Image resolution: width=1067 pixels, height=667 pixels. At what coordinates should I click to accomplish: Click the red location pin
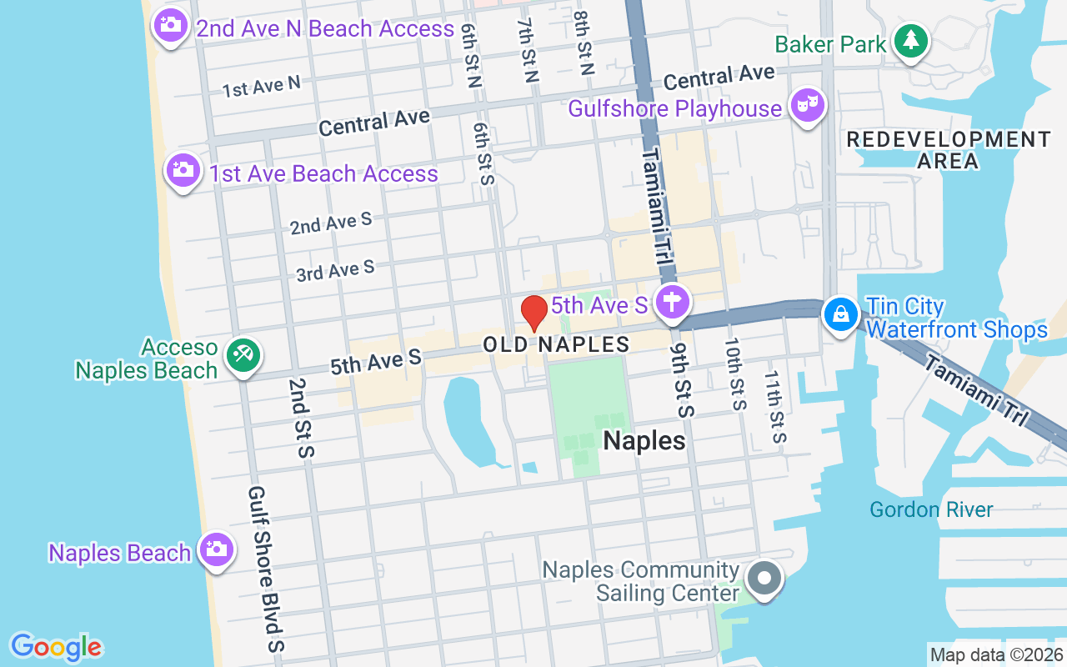[534, 313]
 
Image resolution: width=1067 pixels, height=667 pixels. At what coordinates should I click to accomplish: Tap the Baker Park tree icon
[911, 40]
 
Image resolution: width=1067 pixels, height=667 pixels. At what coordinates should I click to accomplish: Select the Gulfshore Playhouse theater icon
[808, 106]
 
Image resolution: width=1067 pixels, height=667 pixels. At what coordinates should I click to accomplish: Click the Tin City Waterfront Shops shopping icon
[841, 314]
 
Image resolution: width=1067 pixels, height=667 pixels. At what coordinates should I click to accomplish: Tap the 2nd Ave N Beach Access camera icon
[170, 25]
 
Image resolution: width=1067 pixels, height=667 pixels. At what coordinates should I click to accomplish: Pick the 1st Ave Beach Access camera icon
[183, 170]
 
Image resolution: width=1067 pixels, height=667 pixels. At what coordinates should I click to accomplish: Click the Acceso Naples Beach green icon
[243, 355]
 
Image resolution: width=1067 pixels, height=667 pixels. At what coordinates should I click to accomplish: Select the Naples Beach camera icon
[216, 549]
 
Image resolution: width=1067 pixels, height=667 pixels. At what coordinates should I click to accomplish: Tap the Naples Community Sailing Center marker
[763, 578]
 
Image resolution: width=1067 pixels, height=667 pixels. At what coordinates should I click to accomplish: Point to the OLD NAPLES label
[556, 344]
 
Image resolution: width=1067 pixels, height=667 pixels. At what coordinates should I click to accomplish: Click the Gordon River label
[931, 509]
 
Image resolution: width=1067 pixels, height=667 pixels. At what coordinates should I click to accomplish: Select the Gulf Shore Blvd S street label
[267, 569]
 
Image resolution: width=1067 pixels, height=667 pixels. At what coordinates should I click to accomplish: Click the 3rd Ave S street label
[335, 271]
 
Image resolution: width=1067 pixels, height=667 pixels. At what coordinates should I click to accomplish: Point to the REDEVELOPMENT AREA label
[948, 150]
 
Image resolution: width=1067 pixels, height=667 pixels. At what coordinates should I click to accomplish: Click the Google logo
[56, 646]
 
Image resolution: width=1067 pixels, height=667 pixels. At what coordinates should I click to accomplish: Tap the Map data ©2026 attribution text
[997, 654]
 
